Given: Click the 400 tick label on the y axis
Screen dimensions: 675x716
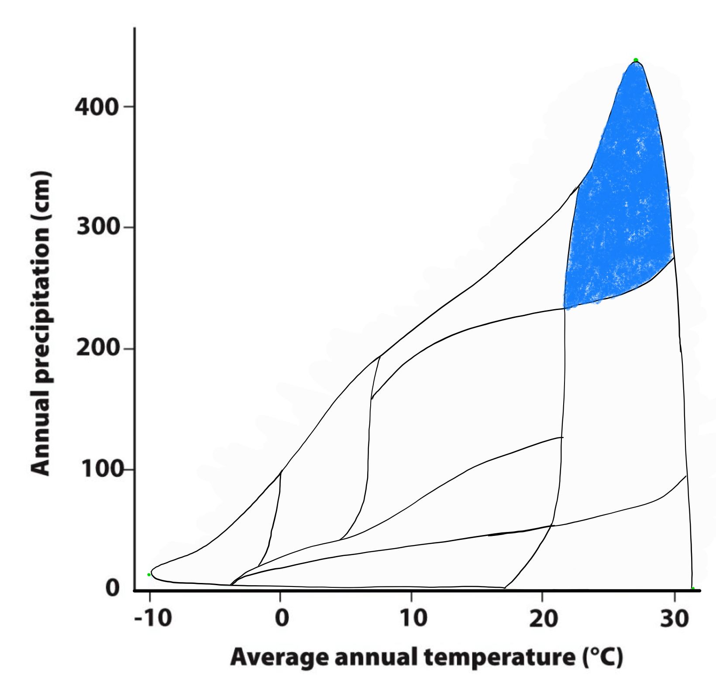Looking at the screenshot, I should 97,107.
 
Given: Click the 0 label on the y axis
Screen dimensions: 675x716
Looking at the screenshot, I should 112,588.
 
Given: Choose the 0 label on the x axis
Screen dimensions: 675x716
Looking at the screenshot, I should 282,618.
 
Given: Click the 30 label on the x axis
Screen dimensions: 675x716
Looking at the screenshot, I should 674,618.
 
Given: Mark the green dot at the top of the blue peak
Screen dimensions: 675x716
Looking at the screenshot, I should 636,60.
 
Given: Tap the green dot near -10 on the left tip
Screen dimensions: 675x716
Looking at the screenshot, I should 149,575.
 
